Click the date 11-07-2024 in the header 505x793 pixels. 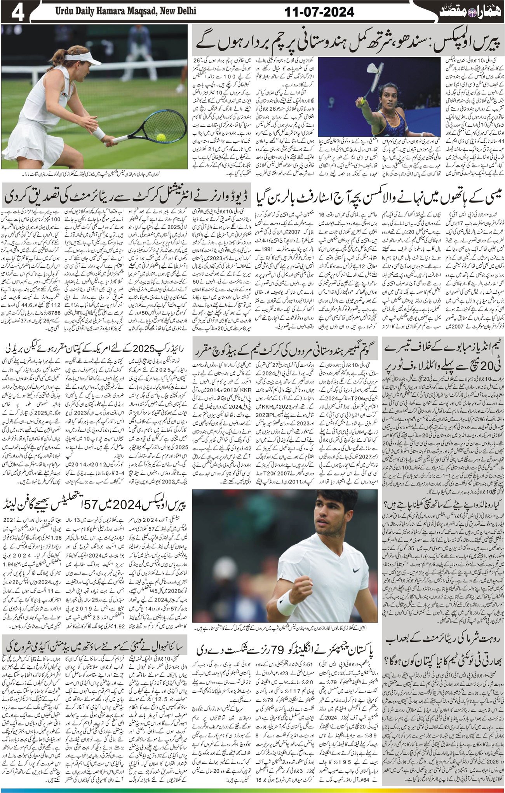tap(320, 12)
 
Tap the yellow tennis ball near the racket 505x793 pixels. tap(160, 137)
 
